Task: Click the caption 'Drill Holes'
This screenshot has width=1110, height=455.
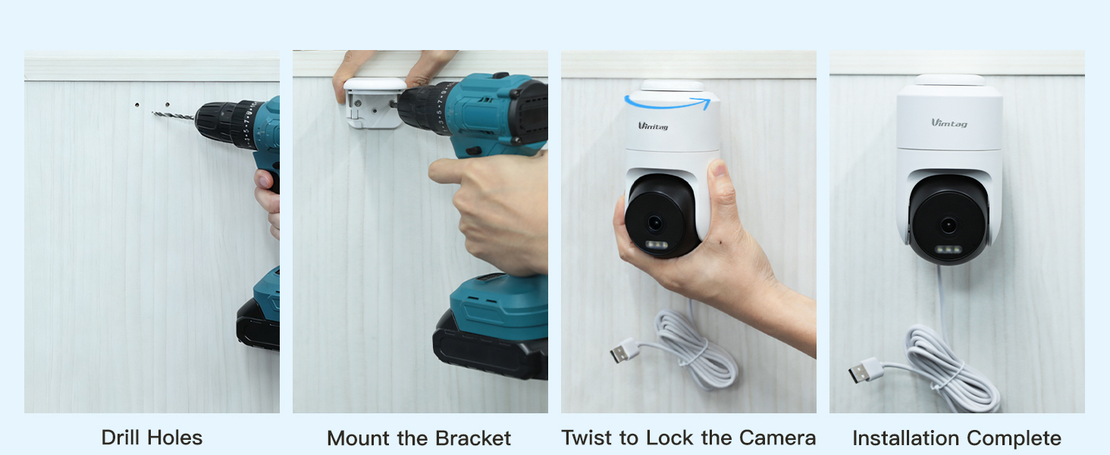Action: [x=152, y=438]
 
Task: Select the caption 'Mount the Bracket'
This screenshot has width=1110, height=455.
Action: [x=419, y=438]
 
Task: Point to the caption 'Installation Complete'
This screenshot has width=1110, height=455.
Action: [x=956, y=438]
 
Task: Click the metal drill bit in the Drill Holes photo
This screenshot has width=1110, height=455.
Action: [x=173, y=116]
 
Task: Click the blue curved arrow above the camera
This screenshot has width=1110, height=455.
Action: [x=671, y=102]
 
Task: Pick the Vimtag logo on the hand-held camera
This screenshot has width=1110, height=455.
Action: [x=653, y=126]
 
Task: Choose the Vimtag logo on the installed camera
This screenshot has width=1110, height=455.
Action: [x=949, y=123]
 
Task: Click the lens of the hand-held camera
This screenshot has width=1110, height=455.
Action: [x=654, y=223]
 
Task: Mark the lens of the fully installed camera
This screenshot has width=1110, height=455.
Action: [x=947, y=225]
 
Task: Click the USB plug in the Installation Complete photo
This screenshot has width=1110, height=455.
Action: [x=864, y=371]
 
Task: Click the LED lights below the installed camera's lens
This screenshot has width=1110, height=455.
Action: [x=947, y=249]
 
